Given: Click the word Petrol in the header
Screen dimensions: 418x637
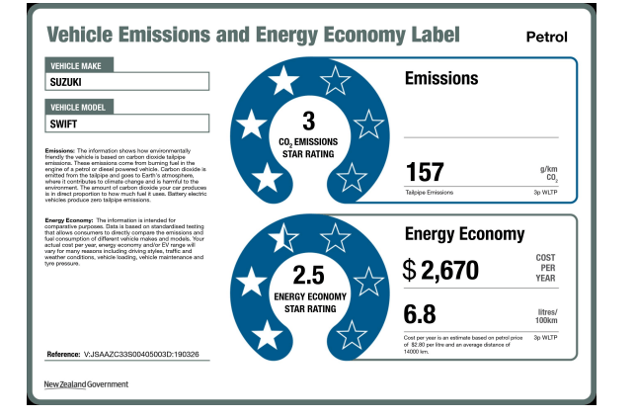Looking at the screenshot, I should (x=547, y=38).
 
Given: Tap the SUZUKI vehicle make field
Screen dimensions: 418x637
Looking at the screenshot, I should (x=127, y=82).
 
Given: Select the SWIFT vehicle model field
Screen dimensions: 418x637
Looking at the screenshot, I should (x=127, y=124).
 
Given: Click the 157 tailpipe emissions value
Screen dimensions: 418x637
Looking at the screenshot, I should (x=425, y=172).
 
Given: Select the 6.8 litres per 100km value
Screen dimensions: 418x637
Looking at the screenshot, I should (x=420, y=314).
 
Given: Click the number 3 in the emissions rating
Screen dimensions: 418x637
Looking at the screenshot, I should (x=308, y=122).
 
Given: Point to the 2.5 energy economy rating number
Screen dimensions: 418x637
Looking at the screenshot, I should (x=308, y=274).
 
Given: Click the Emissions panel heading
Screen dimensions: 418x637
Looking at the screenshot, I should (x=441, y=78).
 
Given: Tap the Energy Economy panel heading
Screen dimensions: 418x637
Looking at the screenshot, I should (x=464, y=234).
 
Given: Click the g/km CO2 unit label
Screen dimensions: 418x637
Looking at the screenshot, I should (x=549, y=174).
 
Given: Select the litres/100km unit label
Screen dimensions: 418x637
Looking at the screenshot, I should (x=546, y=316).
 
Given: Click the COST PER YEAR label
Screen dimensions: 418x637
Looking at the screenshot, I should (x=545, y=270).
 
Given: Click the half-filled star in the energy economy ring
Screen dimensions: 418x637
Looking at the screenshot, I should (x=283, y=235).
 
